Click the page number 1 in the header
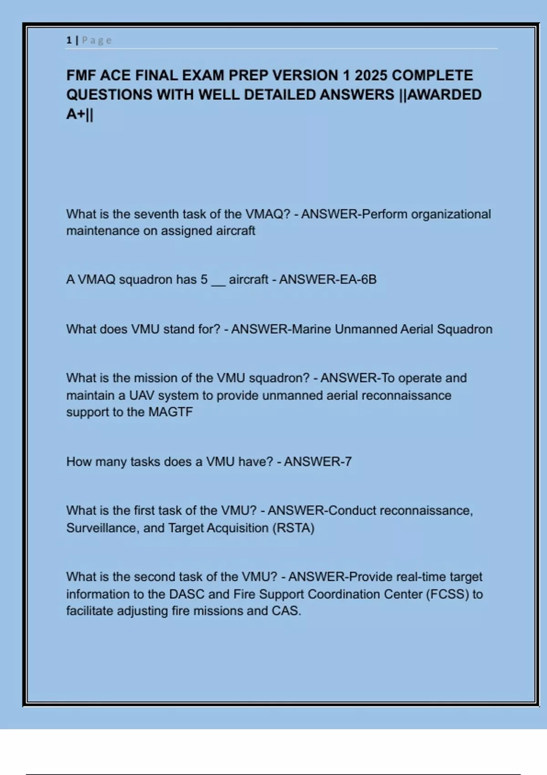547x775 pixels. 69,40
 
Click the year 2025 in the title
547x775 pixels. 371,75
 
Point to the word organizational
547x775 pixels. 451,214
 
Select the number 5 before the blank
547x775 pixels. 204,279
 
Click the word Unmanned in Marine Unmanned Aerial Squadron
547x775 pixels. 366,329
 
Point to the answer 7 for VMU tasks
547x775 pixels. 348,462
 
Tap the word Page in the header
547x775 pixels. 97,40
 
